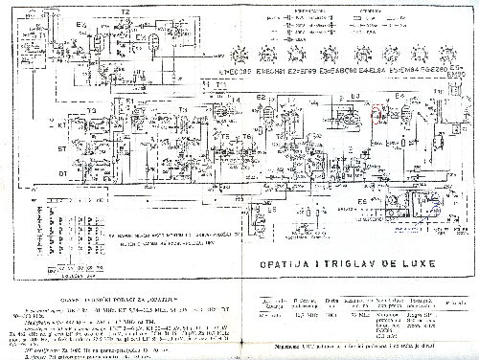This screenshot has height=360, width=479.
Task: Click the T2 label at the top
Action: coord(125,9)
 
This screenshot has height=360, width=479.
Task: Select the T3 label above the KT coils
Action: coord(92,110)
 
